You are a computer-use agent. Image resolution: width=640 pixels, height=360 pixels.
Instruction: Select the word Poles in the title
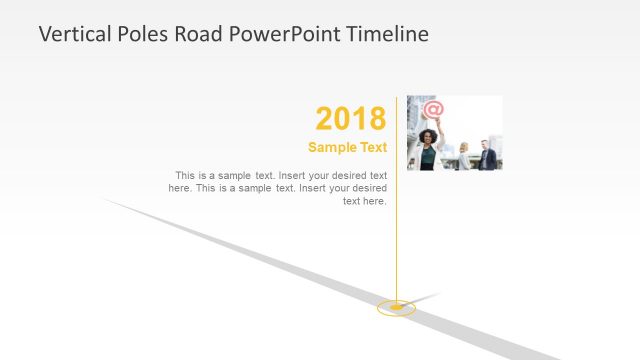138,34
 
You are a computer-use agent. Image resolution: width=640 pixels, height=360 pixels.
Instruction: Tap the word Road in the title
196,34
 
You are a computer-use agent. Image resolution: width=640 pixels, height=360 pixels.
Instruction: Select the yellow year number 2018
350,119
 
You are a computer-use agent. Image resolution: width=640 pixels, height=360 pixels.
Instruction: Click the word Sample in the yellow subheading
332,147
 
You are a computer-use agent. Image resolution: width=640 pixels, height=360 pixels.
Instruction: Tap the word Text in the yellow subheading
372,147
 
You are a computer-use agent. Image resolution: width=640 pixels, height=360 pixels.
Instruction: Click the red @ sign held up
432,109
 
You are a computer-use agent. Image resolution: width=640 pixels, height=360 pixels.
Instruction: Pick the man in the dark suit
487,157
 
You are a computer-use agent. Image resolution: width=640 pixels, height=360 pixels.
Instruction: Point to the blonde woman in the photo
464,155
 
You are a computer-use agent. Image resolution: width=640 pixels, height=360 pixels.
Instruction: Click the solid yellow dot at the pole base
397,306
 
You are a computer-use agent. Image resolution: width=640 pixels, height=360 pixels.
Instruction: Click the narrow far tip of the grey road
105,199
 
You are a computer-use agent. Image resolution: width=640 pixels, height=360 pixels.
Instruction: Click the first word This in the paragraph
185,175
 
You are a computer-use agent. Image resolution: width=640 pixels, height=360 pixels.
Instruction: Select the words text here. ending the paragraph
365,201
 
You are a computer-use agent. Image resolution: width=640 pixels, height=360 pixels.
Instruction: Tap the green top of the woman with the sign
427,156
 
